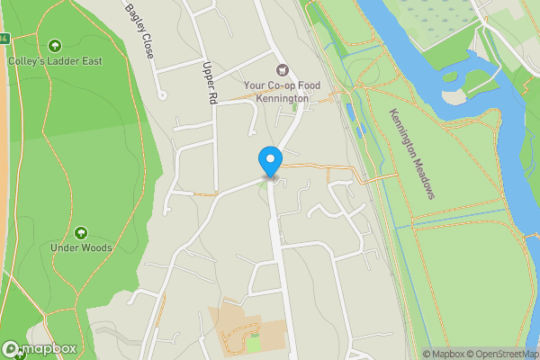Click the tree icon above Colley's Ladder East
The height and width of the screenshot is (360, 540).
click(55, 45)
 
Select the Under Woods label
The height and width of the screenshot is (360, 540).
click(82, 247)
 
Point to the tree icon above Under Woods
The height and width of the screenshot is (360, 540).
click(82, 232)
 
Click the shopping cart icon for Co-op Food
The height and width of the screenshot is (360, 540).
click(282, 69)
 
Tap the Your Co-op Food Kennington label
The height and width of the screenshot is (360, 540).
click(282, 92)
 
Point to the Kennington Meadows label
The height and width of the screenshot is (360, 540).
click(412, 154)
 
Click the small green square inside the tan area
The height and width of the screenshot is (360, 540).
click(253, 342)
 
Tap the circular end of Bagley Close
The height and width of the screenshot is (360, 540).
click(163, 94)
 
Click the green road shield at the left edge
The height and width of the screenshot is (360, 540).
click(4, 39)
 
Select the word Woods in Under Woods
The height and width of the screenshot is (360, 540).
click(94, 247)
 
